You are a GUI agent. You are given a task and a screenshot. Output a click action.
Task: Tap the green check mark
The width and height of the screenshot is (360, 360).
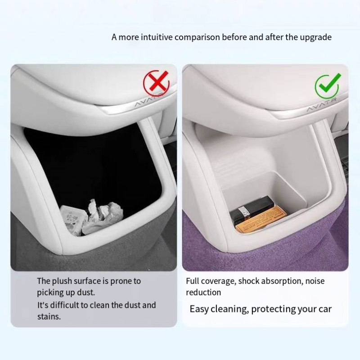[x=328, y=85]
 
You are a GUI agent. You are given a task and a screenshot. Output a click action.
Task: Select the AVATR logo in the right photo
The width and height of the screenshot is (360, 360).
[x=322, y=105]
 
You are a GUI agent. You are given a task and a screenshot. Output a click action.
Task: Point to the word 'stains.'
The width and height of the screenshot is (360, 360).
[x=49, y=317]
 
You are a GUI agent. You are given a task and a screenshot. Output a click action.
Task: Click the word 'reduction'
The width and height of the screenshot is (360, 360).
[x=203, y=292]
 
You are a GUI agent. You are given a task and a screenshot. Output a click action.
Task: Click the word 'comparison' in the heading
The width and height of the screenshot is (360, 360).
[x=197, y=37]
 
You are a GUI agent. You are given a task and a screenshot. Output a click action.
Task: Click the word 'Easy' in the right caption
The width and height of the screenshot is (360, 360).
[x=199, y=309]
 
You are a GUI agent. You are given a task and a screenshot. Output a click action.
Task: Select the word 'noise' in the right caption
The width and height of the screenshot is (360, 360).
[x=315, y=281]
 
